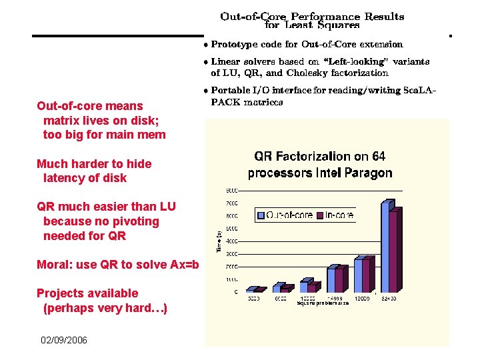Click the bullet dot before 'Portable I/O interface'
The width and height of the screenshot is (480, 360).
point(207,90)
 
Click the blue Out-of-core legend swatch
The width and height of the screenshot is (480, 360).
point(261,215)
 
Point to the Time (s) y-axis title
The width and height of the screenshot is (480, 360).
point(219,241)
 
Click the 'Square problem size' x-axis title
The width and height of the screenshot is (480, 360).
point(323,303)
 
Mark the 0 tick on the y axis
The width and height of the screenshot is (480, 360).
point(234,291)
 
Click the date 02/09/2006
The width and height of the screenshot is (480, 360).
point(63,340)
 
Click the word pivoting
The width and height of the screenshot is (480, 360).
point(135,221)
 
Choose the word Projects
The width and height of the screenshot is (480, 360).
point(59,293)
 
